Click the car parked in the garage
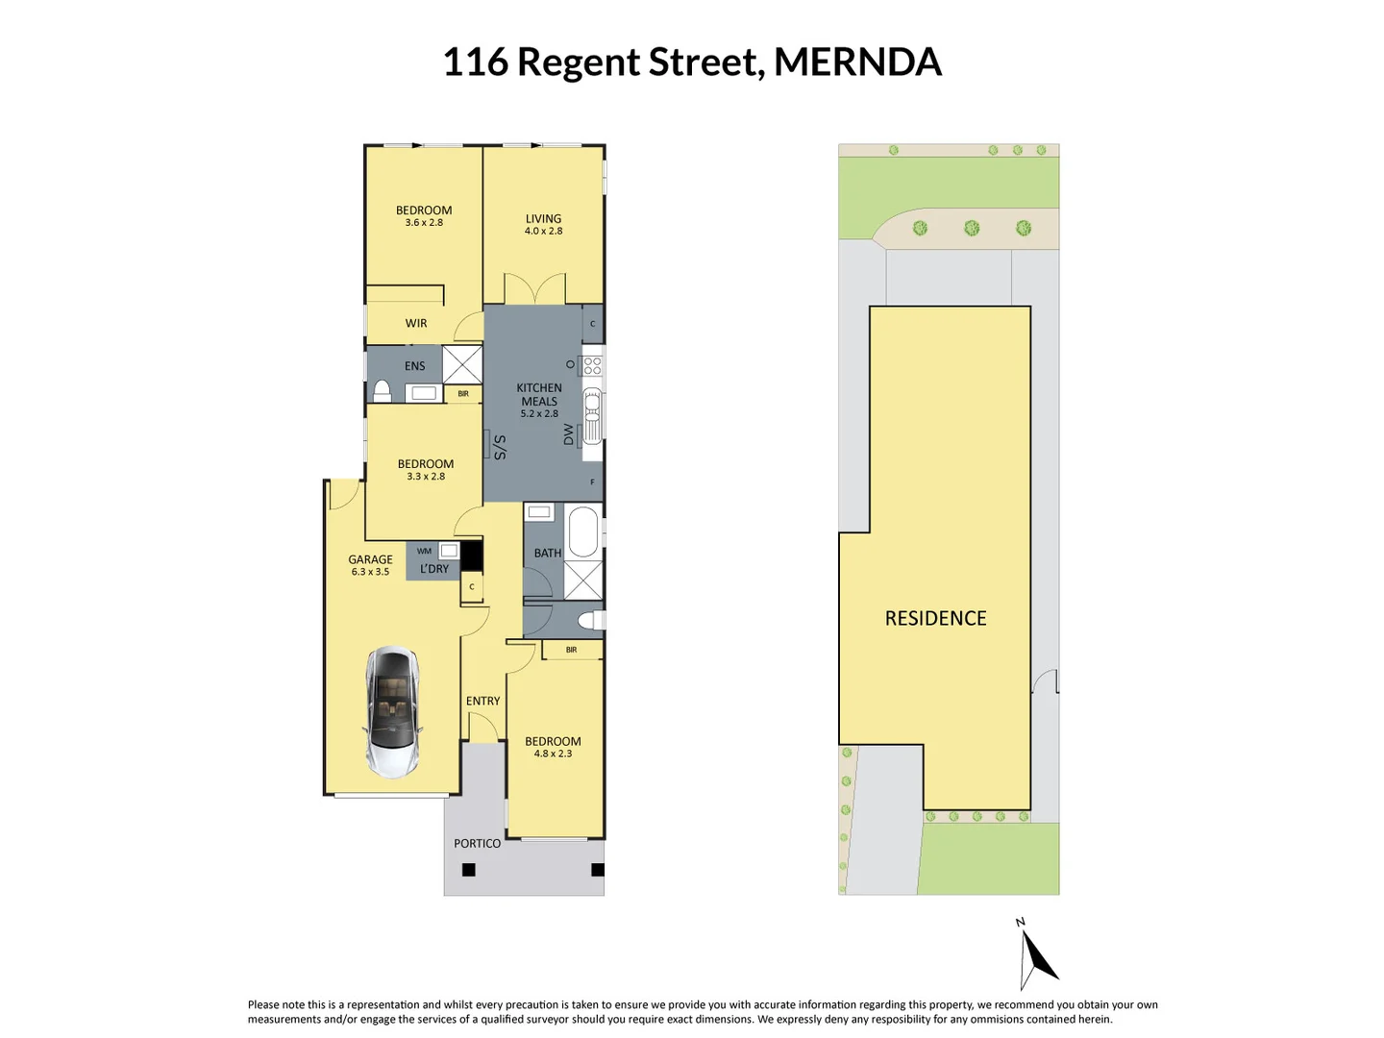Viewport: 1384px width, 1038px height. pos(392,711)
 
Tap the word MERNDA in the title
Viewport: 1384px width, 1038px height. pos(857,62)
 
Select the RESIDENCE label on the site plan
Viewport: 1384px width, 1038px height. pos(935,619)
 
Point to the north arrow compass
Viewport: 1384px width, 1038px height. pos(1035,957)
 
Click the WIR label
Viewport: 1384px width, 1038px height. pos(416,324)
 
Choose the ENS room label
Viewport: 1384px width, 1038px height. pos(414,366)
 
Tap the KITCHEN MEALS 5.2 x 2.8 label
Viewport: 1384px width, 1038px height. pos(539,401)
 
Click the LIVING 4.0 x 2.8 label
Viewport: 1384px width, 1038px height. pos(543,224)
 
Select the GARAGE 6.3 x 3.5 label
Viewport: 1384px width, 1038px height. pos(370,565)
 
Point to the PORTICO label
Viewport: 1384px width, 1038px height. pos(477,844)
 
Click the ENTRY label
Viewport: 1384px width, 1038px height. pos(482,702)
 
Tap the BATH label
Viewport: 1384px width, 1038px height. pos(547,554)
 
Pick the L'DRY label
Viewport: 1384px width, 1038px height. pos(434,569)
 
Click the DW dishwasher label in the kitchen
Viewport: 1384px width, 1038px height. pos(569,434)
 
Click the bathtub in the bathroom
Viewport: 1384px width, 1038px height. pos(582,531)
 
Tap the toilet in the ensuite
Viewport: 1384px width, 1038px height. pos(382,391)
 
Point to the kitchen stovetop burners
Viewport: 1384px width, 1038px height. pos(592,365)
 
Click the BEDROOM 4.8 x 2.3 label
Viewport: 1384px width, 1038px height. pos(553,747)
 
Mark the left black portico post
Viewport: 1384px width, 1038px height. pos(469,870)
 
